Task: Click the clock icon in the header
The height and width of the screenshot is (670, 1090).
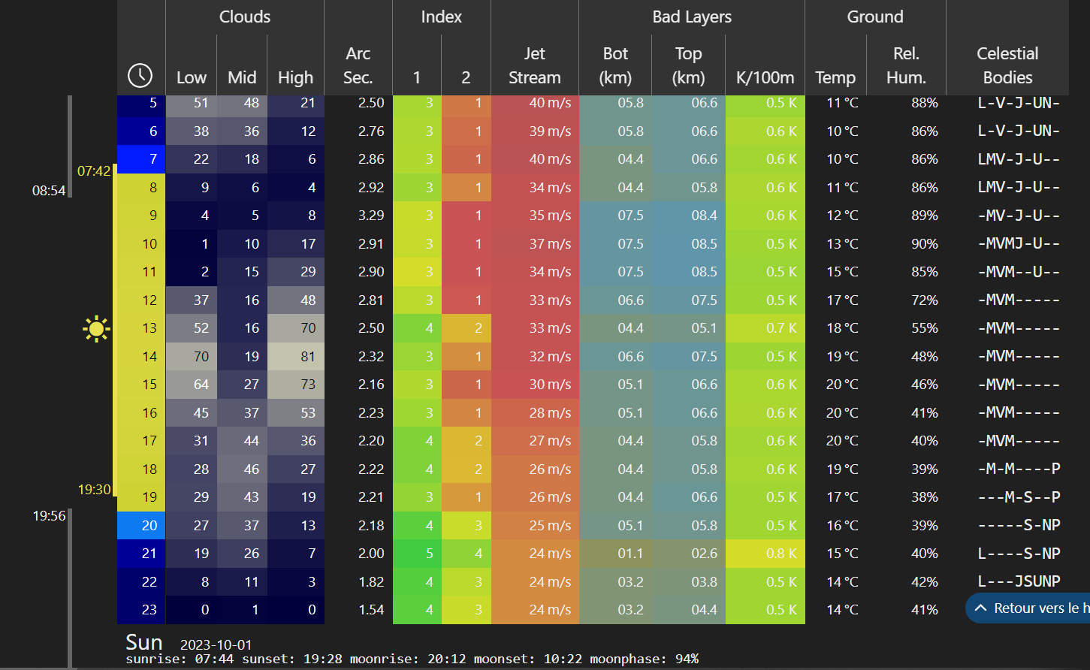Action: [140, 75]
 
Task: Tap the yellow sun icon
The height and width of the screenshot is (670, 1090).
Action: [96, 329]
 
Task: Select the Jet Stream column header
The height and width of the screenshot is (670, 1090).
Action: [534, 65]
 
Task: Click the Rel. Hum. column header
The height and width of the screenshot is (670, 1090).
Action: [906, 65]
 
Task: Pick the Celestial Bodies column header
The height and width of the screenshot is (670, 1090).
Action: [1007, 65]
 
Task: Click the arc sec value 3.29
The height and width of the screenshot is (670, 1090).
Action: [371, 216]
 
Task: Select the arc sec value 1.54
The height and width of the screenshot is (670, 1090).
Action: [371, 610]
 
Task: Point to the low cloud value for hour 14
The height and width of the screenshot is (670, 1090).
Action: [201, 357]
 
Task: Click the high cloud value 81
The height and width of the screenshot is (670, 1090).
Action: [308, 357]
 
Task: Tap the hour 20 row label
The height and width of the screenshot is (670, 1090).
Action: [149, 526]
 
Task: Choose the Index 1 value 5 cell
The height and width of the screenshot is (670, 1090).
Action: [429, 554]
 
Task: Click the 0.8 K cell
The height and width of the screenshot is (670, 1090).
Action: [781, 554]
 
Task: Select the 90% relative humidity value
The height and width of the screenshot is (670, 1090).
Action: [924, 244]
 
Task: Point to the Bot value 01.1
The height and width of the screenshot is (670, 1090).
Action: [630, 554]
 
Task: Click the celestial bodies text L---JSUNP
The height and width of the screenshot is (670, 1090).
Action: [1019, 581]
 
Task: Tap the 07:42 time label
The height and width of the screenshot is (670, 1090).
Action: [94, 171]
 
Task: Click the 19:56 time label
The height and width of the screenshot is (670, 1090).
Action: [49, 516]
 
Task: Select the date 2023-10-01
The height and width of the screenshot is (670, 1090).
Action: [216, 645]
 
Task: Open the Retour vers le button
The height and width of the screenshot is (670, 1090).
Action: [1028, 608]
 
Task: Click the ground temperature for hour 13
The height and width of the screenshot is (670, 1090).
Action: [841, 328]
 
